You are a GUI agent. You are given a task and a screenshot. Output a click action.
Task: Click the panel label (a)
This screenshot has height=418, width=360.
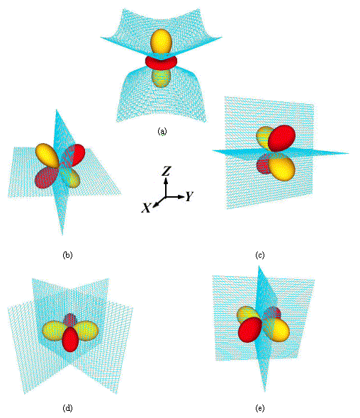pos(162,131)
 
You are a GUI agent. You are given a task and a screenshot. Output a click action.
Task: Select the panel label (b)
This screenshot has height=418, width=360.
pos(67,255)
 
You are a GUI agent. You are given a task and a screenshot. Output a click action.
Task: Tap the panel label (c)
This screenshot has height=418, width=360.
pos(260,255)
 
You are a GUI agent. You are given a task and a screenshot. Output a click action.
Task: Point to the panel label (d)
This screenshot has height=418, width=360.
pos(67,408)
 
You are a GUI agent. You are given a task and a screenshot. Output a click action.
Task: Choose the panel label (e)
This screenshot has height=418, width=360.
pos(260,408)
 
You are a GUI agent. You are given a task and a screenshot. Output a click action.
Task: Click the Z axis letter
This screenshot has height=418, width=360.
pos(167,171)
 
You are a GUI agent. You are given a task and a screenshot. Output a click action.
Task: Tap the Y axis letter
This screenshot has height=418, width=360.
pos(189,196)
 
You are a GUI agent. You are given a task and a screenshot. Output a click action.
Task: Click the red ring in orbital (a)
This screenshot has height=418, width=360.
pos(162,62)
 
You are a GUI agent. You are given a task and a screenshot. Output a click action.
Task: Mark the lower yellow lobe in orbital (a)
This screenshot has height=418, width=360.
pos(161,78)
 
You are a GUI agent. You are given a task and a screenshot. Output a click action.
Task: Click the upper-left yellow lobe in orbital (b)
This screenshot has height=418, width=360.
pos(47,155)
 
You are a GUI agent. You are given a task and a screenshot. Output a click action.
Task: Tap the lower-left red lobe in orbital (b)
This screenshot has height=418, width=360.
pos(46,178)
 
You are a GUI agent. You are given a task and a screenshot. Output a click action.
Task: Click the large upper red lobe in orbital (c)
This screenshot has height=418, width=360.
pos(282,138)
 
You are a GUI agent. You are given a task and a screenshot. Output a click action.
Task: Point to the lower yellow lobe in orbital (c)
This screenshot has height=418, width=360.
pos(282,168)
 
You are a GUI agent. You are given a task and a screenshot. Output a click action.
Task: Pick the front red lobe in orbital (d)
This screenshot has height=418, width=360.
pos(70,339)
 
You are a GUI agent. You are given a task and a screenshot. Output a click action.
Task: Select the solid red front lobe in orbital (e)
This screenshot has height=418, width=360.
pos(250,329)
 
